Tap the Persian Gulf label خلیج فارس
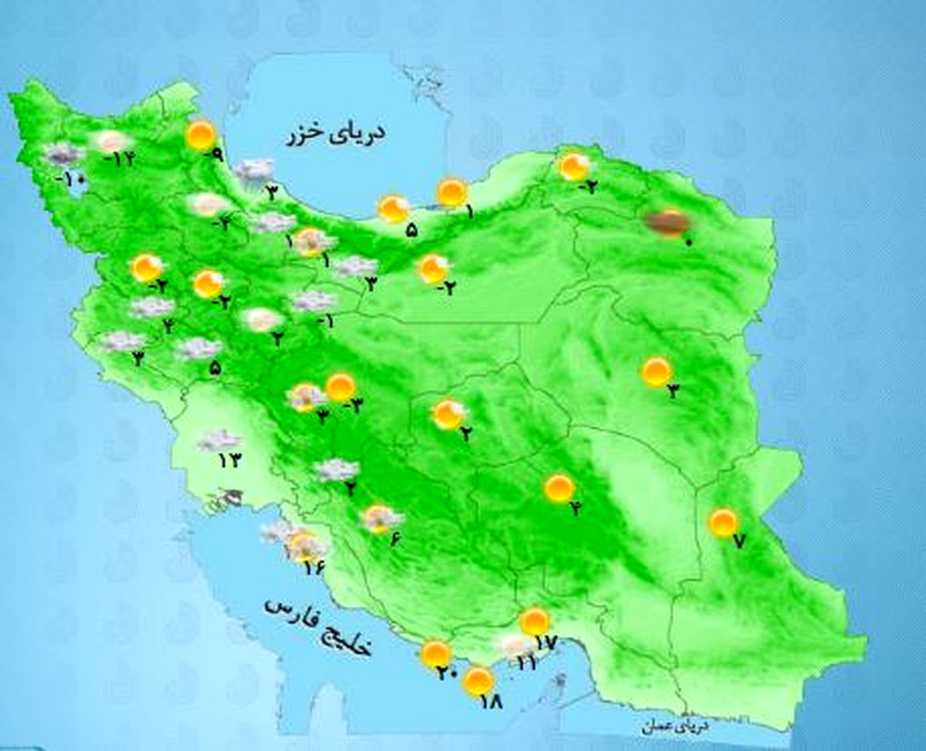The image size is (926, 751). (x=318, y=625)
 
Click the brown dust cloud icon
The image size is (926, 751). (x=667, y=223)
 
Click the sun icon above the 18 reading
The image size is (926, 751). (x=479, y=681)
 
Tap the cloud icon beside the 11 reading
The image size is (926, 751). (x=512, y=645)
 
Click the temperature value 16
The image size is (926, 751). (x=314, y=569)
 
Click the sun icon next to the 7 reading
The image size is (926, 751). (x=723, y=523)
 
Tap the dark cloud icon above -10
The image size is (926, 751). (x=63, y=154)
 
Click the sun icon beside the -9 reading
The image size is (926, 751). (x=201, y=136)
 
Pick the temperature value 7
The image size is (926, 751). (x=738, y=542)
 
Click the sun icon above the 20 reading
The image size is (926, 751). (x=436, y=654)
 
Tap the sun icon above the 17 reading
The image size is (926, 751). (x=534, y=621)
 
